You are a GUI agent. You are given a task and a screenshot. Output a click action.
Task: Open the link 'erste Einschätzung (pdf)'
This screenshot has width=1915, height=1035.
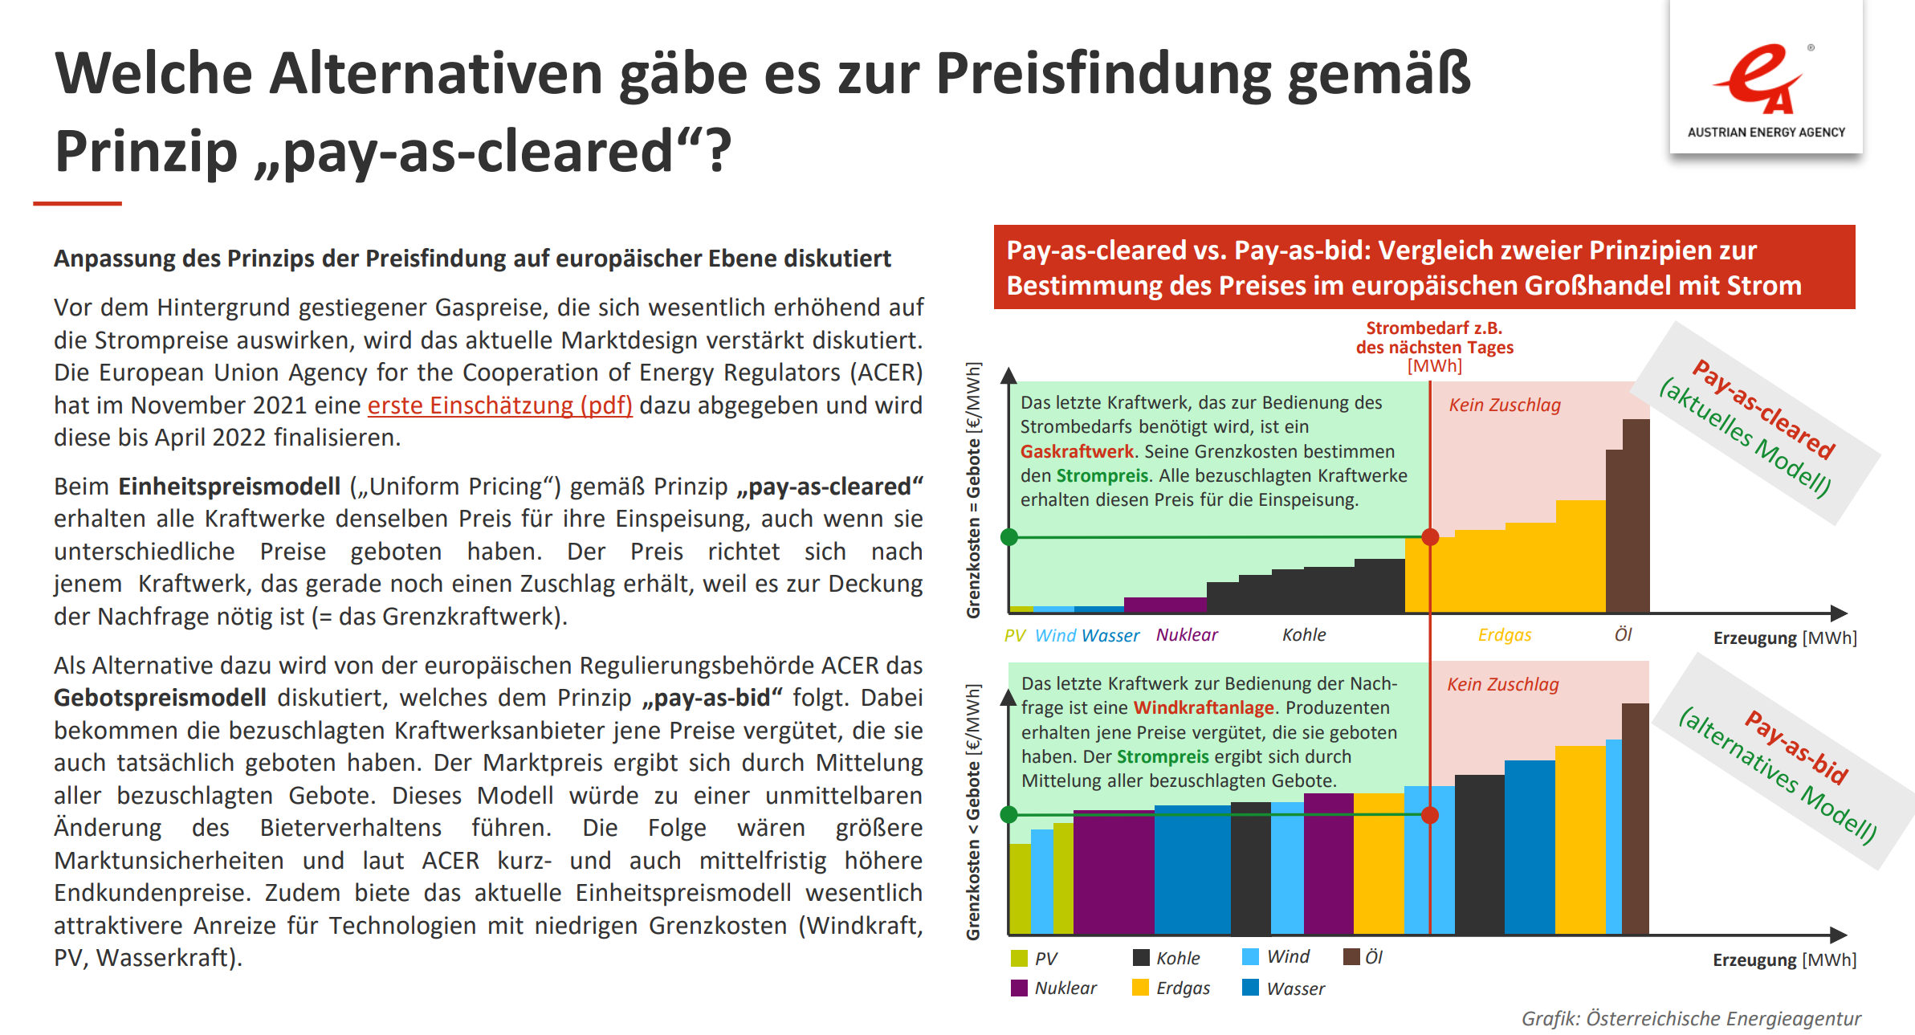[499, 405]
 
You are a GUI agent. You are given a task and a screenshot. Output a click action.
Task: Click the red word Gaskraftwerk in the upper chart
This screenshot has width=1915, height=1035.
[1077, 451]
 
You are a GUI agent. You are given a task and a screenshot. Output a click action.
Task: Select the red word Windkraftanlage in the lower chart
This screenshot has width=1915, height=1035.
[1204, 707]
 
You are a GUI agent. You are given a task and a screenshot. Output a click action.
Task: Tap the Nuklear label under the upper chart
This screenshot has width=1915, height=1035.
[1187, 634]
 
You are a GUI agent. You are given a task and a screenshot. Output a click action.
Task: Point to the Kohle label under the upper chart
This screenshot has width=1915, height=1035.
[1304, 634]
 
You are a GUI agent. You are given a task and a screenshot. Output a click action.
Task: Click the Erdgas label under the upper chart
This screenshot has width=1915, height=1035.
[1505, 635]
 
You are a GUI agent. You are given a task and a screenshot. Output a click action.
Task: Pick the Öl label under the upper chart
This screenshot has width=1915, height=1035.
[1624, 634]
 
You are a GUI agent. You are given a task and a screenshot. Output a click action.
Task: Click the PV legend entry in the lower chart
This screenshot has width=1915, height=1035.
[1034, 958]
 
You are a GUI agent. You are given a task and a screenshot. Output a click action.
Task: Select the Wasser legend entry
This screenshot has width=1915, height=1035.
[1283, 988]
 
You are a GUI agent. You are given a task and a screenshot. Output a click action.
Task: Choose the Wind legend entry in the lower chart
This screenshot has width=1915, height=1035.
[1275, 956]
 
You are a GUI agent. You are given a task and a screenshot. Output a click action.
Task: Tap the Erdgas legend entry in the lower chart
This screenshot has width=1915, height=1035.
[1171, 988]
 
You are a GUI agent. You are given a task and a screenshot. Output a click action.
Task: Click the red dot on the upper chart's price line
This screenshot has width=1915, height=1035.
[1430, 537]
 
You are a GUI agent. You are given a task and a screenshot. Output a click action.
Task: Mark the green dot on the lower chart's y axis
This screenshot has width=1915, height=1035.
[1009, 815]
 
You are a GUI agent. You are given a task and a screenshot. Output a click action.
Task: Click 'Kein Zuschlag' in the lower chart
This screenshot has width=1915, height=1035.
[1503, 684]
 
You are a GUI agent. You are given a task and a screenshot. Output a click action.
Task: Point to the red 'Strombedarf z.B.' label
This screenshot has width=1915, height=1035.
[1434, 328]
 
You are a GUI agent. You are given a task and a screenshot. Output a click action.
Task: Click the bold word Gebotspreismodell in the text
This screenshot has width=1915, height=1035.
[160, 698]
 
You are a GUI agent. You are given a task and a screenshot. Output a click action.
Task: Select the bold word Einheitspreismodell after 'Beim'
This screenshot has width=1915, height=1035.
[230, 487]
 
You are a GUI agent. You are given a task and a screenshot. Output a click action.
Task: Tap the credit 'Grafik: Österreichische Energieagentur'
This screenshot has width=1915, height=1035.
[1691, 1018]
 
